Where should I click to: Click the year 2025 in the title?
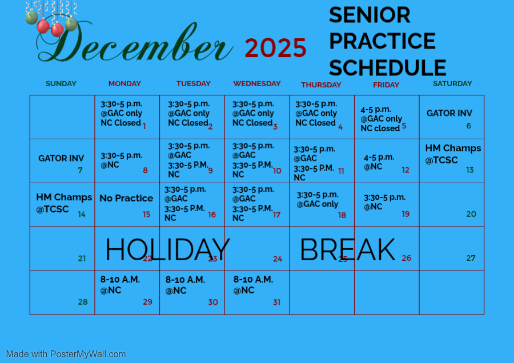pyautogui.click(x=275, y=48)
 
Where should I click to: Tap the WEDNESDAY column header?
pyautogui.click(x=257, y=83)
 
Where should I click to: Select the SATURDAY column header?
pyautogui.click(x=452, y=83)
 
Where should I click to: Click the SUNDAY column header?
pyautogui.click(x=61, y=83)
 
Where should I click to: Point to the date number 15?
pyautogui.click(x=147, y=214)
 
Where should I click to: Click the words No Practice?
pyautogui.click(x=126, y=198)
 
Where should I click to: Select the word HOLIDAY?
pyautogui.click(x=167, y=249)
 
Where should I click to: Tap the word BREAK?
pyautogui.click(x=347, y=249)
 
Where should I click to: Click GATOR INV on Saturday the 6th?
pyautogui.click(x=449, y=113)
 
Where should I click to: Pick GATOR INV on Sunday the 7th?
pyautogui.click(x=61, y=158)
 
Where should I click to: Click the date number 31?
pyautogui.click(x=277, y=302)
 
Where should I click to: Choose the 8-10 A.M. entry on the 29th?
pyautogui.click(x=120, y=280)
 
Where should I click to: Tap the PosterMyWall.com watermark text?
pyautogui.click(x=66, y=354)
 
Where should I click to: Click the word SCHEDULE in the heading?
pyautogui.click(x=387, y=68)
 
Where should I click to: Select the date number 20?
pyautogui.click(x=471, y=214)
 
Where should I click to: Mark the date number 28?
pyautogui.click(x=83, y=302)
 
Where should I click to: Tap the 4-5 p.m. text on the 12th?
pyautogui.click(x=379, y=158)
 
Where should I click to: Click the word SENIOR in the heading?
pyautogui.click(x=370, y=15)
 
